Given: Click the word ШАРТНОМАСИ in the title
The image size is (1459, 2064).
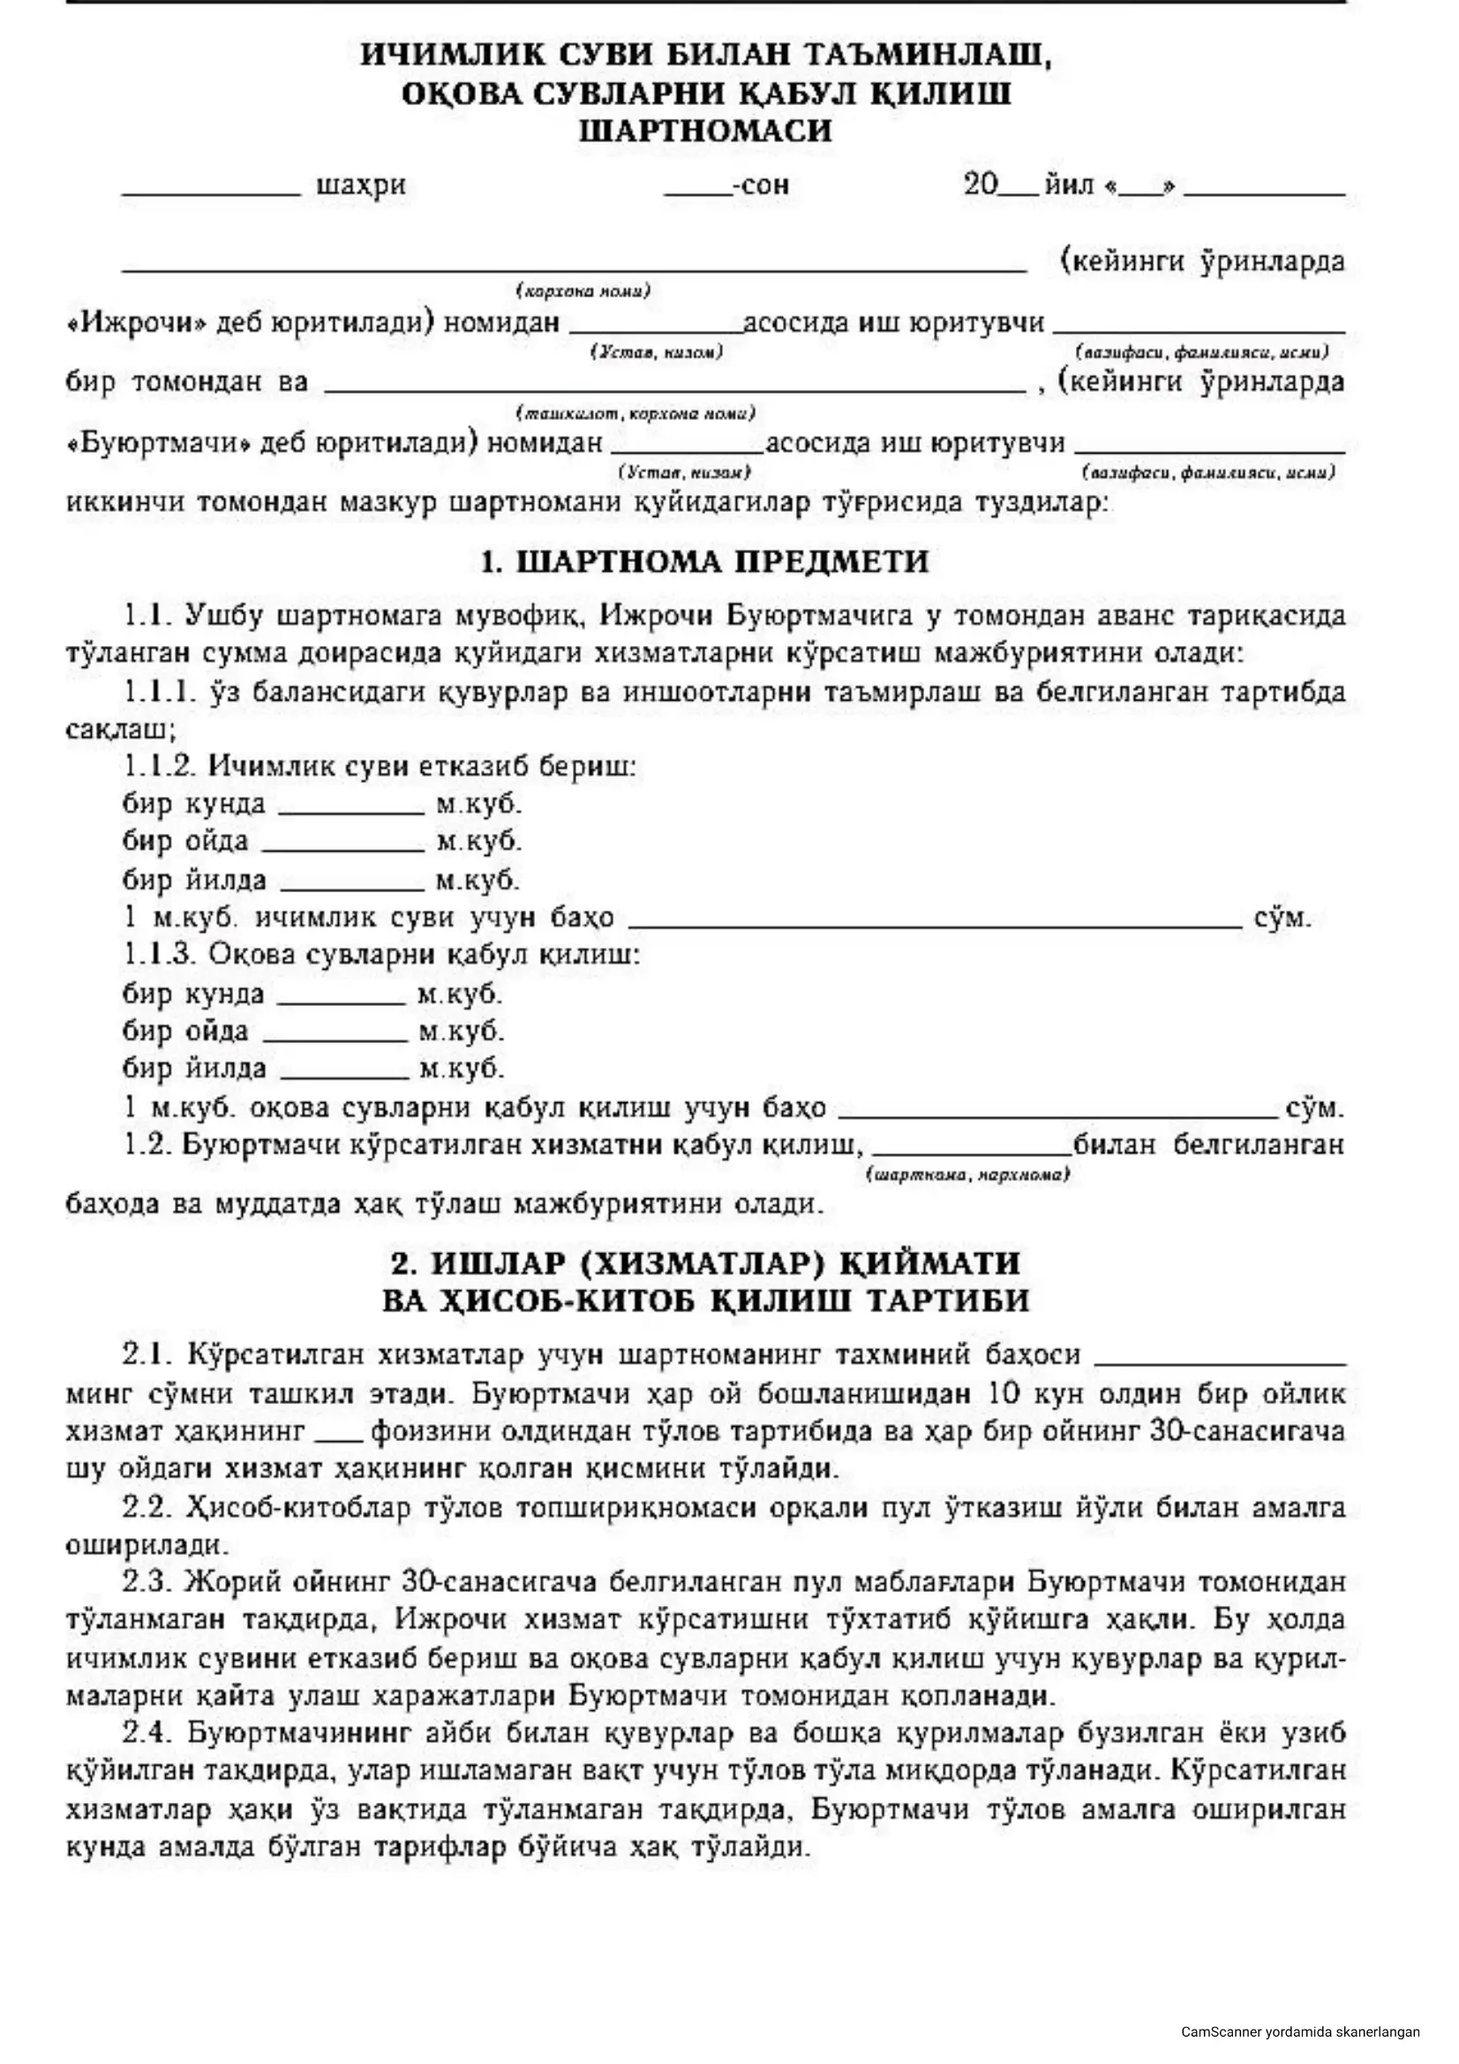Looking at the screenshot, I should tap(706, 131).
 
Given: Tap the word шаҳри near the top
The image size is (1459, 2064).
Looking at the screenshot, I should tap(361, 186).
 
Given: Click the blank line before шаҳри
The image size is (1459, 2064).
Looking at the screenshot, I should tap(211, 191).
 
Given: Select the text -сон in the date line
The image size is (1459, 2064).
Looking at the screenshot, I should tap(761, 186).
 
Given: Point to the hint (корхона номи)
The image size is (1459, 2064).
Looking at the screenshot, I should tap(583, 291).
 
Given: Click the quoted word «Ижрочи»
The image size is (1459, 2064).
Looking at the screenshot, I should tap(135, 322).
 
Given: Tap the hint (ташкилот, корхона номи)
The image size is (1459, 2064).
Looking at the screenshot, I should tap(635, 414).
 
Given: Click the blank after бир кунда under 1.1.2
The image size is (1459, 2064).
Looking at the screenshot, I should tap(350, 810).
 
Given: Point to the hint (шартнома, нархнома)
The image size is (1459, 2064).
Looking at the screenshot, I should tap(967, 1175).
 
